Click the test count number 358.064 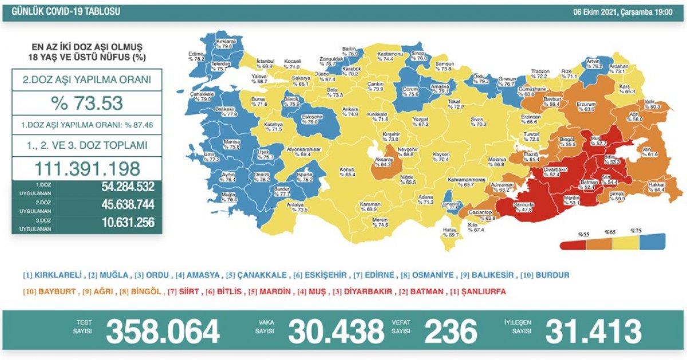click(x=163, y=331)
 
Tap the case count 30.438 click(x=336, y=331)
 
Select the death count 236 click(x=450, y=331)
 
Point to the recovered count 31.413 click(x=593, y=331)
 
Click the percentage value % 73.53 click(x=87, y=103)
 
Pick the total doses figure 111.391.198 click(x=87, y=168)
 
